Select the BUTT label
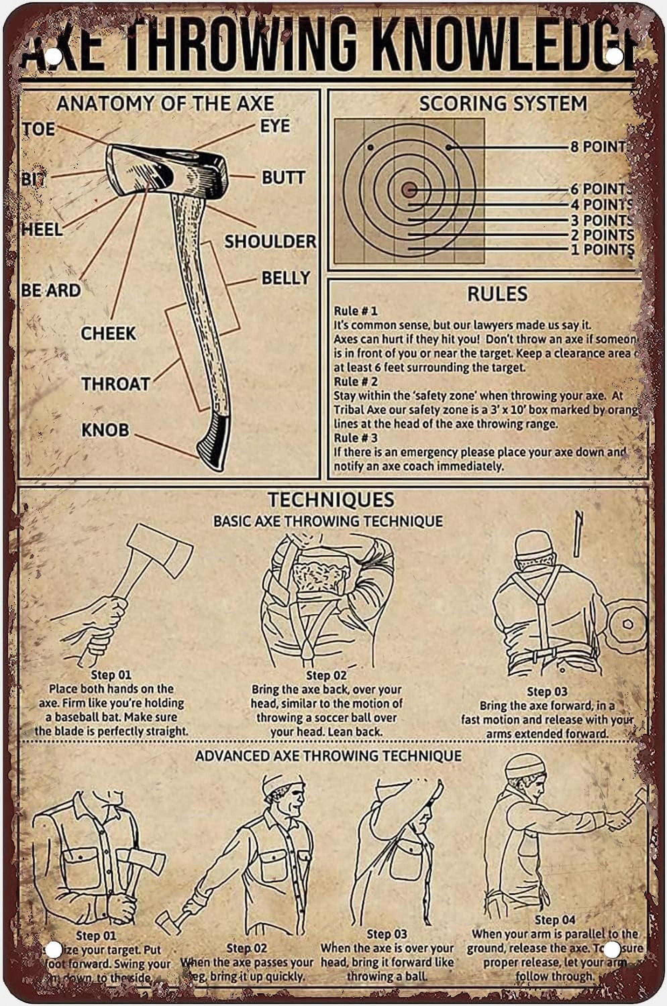pyautogui.click(x=283, y=177)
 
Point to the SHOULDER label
pyautogui.click(x=270, y=241)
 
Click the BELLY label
pyautogui.click(x=286, y=278)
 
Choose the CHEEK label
pyautogui.click(x=108, y=333)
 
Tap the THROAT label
pyautogui.click(x=116, y=384)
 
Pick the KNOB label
pyautogui.click(x=105, y=430)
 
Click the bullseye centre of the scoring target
pyautogui.click(x=409, y=190)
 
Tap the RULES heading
pyautogui.click(x=497, y=294)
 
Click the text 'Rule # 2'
pyautogui.click(x=356, y=381)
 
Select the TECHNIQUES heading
pyautogui.click(x=331, y=500)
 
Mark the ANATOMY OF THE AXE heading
pyautogui.click(x=165, y=103)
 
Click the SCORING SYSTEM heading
pyautogui.click(x=503, y=103)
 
